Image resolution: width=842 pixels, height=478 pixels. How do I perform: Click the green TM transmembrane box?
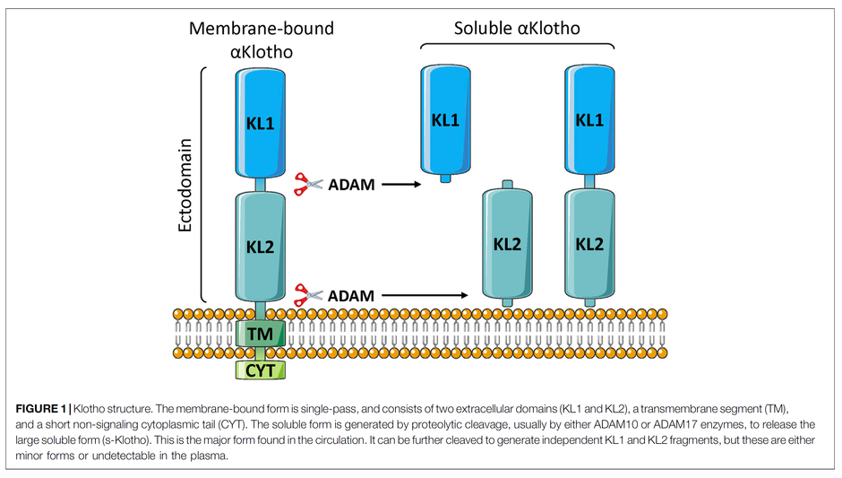pos(261,335)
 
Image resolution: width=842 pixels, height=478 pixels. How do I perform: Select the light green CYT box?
pos(261,368)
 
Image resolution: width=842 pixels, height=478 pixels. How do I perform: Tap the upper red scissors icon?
pos(308,185)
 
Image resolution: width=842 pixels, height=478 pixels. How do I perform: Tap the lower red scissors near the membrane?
pos(308,293)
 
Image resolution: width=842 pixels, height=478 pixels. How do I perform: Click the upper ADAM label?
pos(351,186)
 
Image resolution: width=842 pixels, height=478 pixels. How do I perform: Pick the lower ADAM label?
pos(351,294)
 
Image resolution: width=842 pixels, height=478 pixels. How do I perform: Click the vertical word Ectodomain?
pos(185,185)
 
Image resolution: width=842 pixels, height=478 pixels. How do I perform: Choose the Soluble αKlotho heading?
pos(517,29)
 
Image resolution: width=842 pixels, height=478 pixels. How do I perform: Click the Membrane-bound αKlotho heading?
pos(261,39)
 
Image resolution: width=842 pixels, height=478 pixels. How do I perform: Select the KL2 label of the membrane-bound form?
pos(261,245)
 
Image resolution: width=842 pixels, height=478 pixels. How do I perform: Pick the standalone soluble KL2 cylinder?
pos(507,243)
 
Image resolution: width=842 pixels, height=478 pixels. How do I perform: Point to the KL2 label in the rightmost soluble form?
pos(589,243)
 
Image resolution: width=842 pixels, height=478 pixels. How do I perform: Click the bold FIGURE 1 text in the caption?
pos(43,409)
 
